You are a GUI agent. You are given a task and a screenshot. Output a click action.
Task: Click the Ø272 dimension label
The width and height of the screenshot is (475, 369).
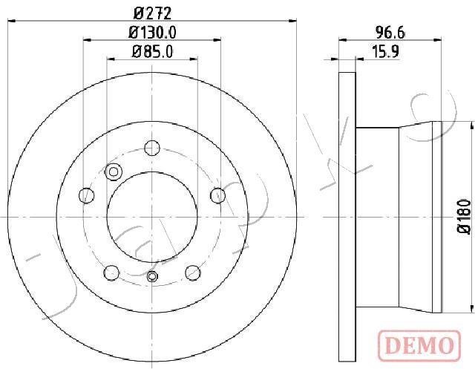pyautogui.click(x=152, y=13)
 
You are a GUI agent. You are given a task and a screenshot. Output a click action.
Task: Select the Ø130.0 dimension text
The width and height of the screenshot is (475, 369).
pyautogui.click(x=152, y=33)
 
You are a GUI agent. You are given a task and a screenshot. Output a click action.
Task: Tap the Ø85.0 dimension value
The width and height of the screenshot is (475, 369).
pyautogui.click(x=152, y=51)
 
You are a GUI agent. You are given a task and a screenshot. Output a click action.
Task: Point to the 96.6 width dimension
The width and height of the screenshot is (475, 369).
pyautogui.click(x=390, y=33)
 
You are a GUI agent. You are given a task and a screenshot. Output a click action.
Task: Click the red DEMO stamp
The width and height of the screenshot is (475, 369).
pyautogui.click(x=419, y=345)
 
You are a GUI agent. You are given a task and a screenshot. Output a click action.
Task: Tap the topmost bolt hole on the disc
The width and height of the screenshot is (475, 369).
pyautogui.click(x=152, y=148)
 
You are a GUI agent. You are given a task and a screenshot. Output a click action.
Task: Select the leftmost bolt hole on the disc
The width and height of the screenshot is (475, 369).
pyautogui.click(x=86, y=195)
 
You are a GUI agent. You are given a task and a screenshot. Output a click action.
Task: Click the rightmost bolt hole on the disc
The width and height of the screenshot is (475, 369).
pyautogui.click(x=218, y=195)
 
